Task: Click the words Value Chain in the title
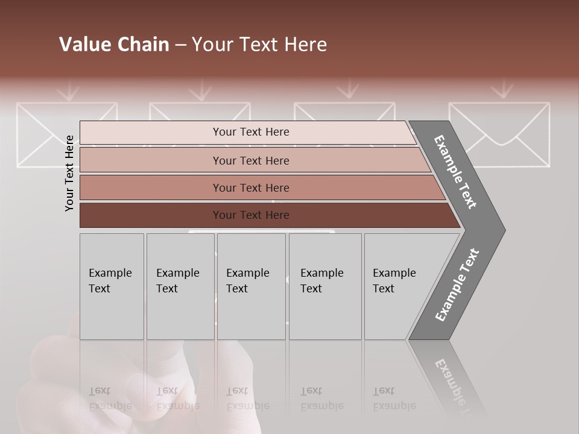114,45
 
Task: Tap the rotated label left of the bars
70,173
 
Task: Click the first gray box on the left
112,286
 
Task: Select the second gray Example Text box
180,286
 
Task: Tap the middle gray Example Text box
251,286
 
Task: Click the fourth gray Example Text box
325,286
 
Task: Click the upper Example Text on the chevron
455,172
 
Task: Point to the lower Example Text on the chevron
457,285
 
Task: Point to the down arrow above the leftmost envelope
70,91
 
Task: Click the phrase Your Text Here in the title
259,45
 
